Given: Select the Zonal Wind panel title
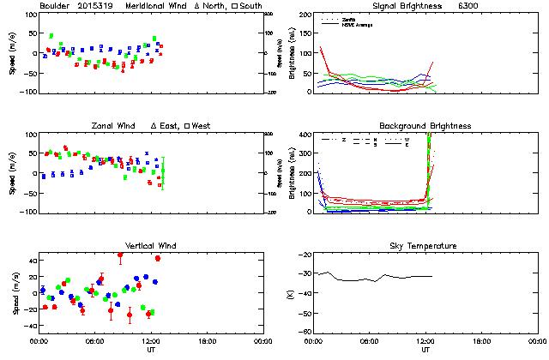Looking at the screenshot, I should coord(114,126).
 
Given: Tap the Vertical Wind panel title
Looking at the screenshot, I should coord(151,246).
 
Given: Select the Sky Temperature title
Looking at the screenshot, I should coord(425,246).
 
